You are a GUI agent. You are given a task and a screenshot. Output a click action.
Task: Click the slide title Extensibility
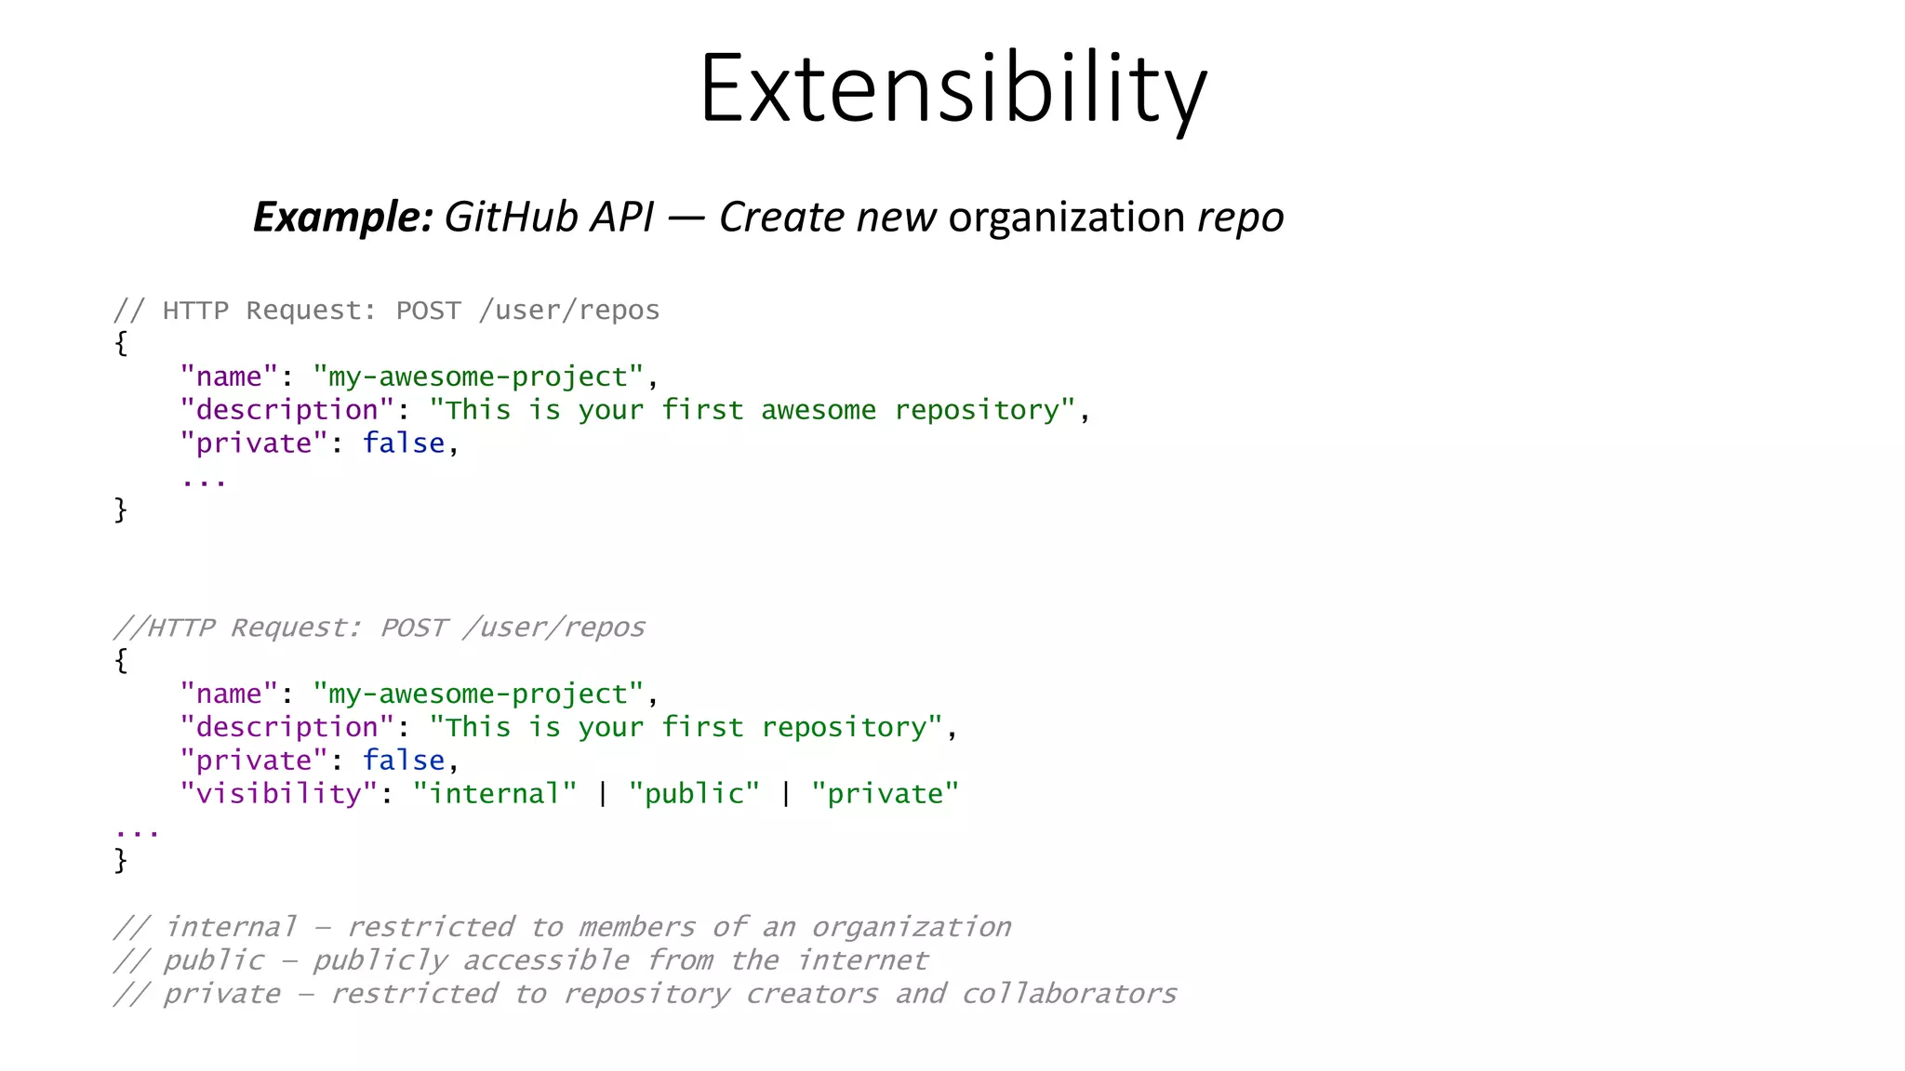coord(952,89)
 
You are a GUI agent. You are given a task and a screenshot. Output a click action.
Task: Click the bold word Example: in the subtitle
coord(343,217)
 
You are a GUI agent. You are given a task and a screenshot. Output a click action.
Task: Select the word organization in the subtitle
coord(1066,217)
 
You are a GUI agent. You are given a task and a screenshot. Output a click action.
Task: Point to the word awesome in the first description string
coord(819,410)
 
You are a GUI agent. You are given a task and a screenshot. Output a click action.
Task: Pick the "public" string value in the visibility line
coord(694,794)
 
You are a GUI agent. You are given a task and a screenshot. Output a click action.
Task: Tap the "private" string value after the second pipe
coord(885,794)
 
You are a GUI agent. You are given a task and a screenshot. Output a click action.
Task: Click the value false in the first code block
coord(404,443)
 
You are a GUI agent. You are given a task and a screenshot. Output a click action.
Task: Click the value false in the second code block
coord(404,760)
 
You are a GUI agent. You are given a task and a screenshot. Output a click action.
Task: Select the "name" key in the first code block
coord(229,377)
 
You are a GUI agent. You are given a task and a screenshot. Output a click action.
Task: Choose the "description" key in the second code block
coord(287,727)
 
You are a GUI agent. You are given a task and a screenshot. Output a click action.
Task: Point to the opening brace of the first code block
coord(121,343)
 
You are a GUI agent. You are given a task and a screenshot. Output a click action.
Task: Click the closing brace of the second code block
coord(121,860)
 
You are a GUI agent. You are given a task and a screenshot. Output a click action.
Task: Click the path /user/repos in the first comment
coord(568,311)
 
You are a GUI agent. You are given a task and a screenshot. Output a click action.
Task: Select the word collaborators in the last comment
coord(1069,994)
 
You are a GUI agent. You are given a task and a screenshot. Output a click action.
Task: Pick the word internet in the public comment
coord(862,960)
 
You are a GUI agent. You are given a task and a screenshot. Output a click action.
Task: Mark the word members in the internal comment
coord(636,927)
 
